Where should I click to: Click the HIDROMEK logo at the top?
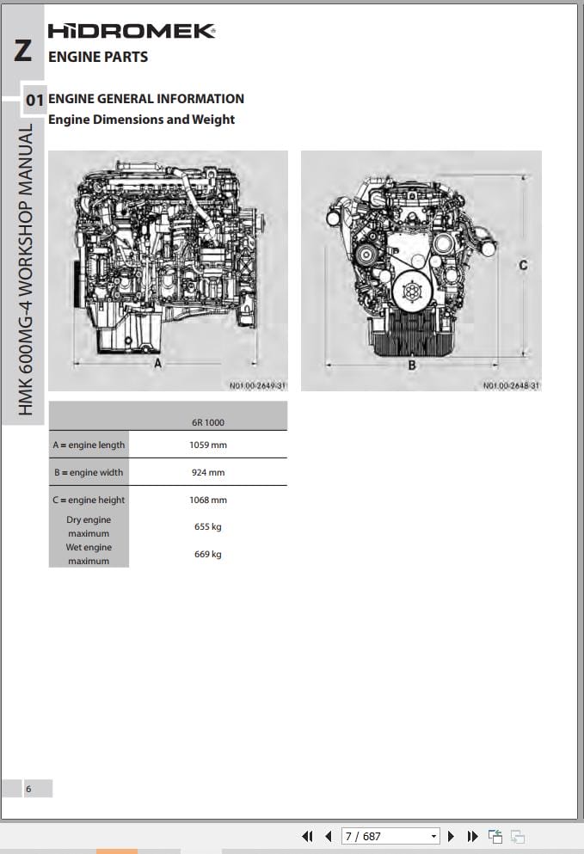click(x=131, y=31)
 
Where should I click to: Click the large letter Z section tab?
click(x=23, y=51)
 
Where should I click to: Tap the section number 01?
click(x=34, y=101)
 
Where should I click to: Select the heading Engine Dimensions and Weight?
click(x=141, y=120)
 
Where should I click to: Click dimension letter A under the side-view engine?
click(x=157, y=364)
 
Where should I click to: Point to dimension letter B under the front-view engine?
click(x=412, y=365)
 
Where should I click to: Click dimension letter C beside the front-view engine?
click(x=523, y=265)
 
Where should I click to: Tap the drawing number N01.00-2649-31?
click(x=257, y=385)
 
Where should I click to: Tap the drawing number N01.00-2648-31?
click(x=511, y=385)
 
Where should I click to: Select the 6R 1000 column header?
click(x=207, y=422)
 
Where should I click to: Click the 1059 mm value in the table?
click(x=207, y=445)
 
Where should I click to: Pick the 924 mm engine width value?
click(x=207, y=472)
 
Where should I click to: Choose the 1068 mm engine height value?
click(x=207, y=500)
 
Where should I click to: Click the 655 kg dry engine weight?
click(x=207, y=526)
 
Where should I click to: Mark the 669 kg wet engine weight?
click(x=207, y=554)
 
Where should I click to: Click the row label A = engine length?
click(x=89, y=445)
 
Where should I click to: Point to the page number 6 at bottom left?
click(x=28, y=789)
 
